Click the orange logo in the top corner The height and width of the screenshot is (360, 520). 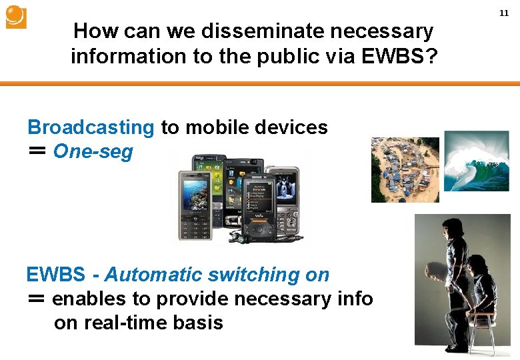(16, 17)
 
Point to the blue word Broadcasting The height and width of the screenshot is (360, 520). (91, 127)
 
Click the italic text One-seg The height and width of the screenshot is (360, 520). (93, 151)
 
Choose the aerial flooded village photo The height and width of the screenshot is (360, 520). (405, 169)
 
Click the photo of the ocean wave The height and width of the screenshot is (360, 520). (476, 161)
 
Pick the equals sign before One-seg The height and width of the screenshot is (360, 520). (37, 151)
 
